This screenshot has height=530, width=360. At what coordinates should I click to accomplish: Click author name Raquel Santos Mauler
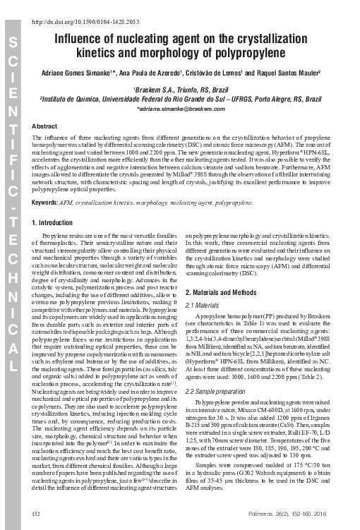pyautogui.click(x=287, y=73)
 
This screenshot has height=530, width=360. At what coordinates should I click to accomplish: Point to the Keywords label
pyautogui.click(x=46, y=203)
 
